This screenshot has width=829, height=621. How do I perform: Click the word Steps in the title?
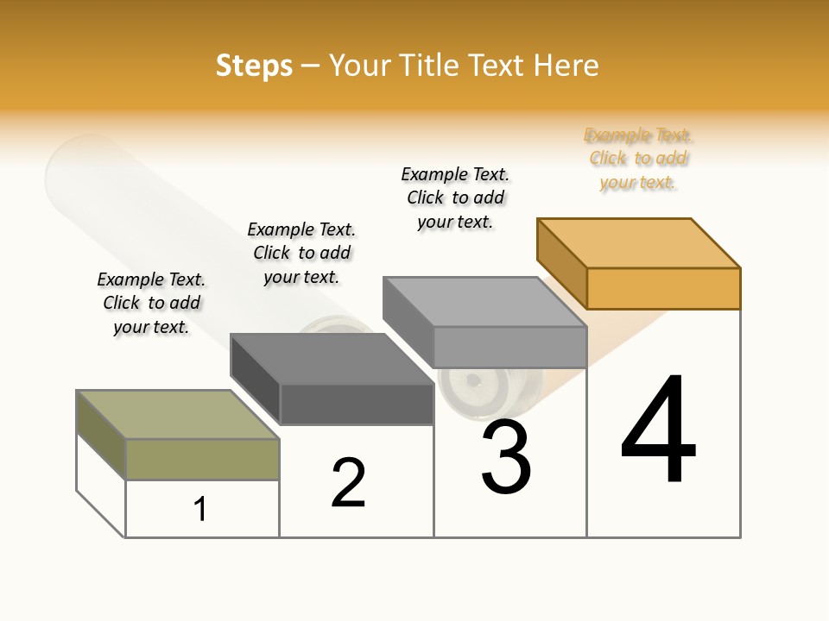coord(254,66)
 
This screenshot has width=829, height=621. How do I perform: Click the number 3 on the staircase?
coord(506,457)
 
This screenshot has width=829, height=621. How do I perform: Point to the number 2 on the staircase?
coord(348,483)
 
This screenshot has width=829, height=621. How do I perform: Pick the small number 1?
coord(200,509)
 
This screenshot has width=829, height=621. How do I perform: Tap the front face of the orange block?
coord(663,288)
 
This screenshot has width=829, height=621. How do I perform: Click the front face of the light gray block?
coord(509,347)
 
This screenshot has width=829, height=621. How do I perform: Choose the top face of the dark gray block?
coord(332,359)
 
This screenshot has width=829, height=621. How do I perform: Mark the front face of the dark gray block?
coord(357,404)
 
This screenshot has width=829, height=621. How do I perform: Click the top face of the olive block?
coord(178,415)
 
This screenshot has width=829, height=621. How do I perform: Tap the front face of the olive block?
coord(202,459)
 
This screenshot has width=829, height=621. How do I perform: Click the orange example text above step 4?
coord(638,159)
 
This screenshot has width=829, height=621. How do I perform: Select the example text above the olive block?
coord(151,303)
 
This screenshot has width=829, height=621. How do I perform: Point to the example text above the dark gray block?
coord(301,253)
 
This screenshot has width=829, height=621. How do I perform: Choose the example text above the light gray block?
coord(455,198)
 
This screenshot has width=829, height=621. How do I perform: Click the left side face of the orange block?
coord(562,263)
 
